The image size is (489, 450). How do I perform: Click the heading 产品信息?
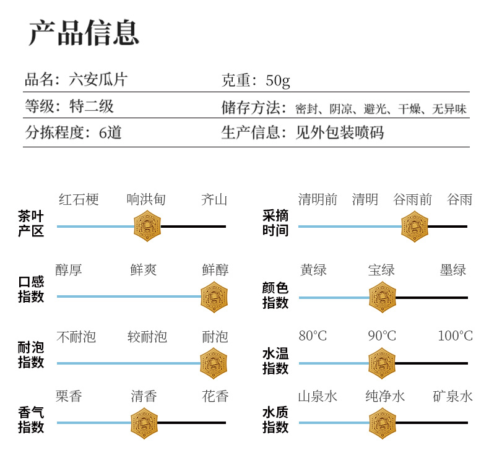pyautogui.click(x=84, y=33)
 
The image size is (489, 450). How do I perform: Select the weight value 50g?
pyautogui.click(x=278, y=80)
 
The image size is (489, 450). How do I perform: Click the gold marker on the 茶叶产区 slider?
pyautogui.click(x=147, y=226)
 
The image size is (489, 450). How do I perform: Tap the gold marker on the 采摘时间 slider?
pyautogui.click(x=414, y=226)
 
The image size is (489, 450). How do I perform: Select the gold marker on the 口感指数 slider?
pyautogui.click(x=214, y=297)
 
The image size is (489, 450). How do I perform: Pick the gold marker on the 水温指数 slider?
pyautogui.click(x=382, y=363)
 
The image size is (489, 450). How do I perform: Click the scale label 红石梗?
pyautogui.click(x=79, y=200)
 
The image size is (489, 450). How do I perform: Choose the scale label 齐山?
pyautogui.click(x=214, y=200)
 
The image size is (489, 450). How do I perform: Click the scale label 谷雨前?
pyautogui.click(x=413, y=200)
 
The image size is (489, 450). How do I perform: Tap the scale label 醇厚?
pyautogui.click(x=69, y=270)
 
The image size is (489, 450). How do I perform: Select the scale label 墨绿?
pyautogui.click(x=453, y=270)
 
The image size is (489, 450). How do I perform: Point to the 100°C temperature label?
pyautogui.click(x=455, y=336)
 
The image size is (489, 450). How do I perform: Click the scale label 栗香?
pyautogui.click(x=69, y=396)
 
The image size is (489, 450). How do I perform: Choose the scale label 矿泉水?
pyautogui.click(x=453, y=396)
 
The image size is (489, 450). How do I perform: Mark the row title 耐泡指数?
pyautogui.click(x=31, y=355)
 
